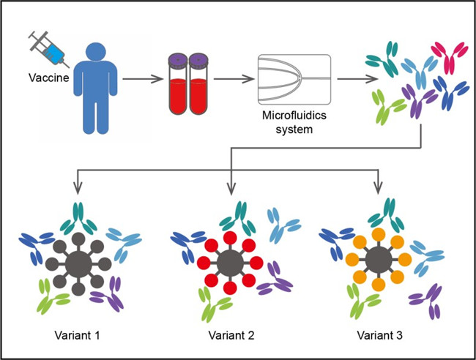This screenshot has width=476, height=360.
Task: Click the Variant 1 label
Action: tap(75, 335)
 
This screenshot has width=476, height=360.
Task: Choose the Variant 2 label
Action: tap(230, 335)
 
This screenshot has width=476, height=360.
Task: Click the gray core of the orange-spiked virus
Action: tap(378, 262)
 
